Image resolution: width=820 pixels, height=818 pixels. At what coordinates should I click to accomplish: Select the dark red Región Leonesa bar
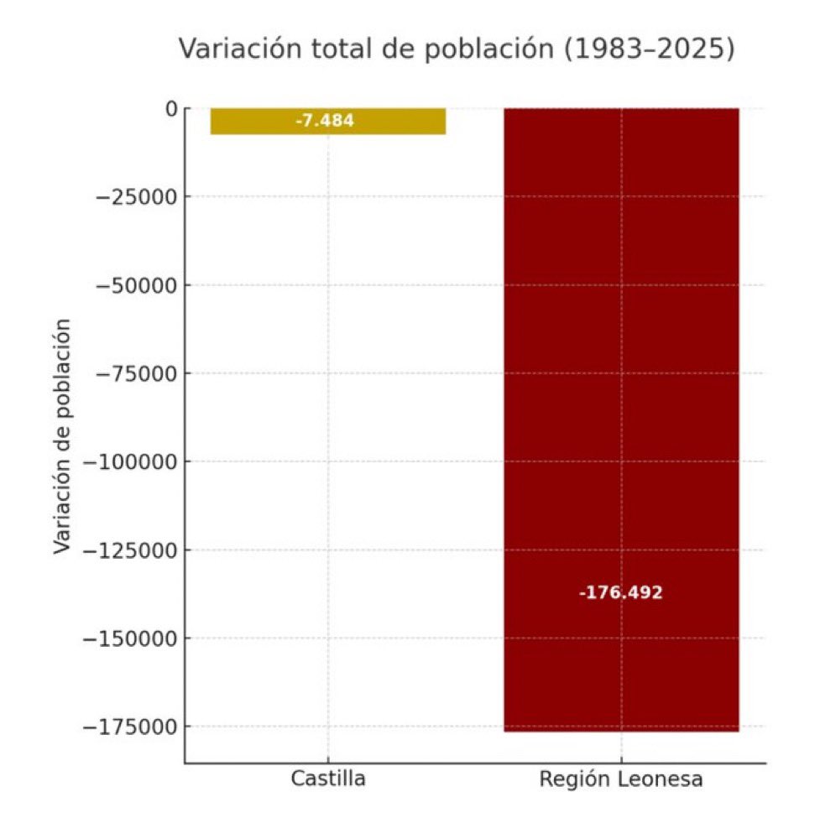tap(621, 378)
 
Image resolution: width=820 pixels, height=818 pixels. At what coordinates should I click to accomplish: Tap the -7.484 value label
tap(325, 121)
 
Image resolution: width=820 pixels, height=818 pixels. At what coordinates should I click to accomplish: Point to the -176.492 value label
tap(621, 593)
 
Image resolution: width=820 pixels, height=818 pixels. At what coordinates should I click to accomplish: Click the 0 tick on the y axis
tap(171, 108)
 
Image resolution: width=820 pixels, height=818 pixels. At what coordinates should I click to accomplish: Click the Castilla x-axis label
tap(328, 779)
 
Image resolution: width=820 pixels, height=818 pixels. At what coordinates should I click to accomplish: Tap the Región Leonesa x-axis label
tap(621, 779)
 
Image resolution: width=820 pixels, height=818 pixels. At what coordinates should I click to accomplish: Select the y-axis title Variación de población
tap(63, 436)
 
